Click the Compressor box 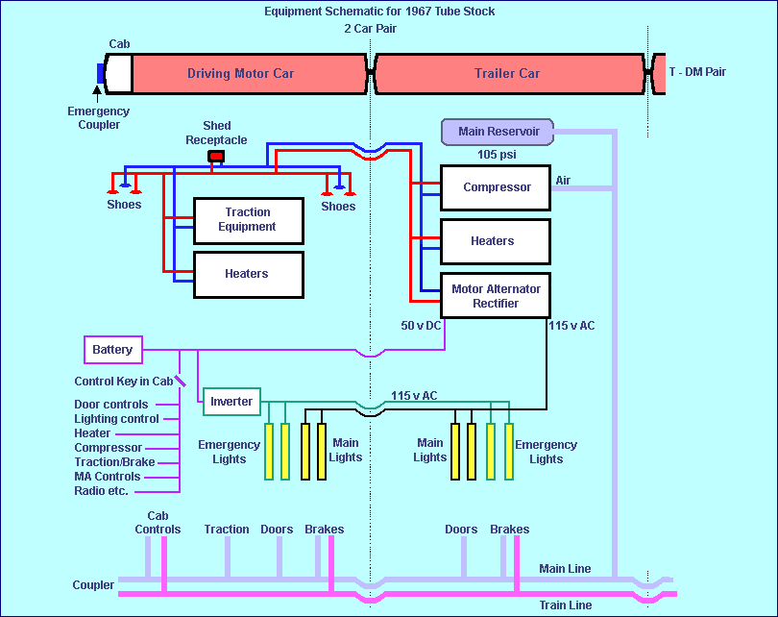[x=496, y=187]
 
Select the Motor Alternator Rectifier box [x=496, y=296]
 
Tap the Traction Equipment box [x=249, y=220]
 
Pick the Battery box [x=113, y=350]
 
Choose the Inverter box [x=231, y=402]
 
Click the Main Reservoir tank [x=498, y=132]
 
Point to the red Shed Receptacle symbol [x=217, y=156]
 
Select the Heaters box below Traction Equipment [x=249, y=274]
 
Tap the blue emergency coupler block [x=101, y=73]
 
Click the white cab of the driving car [x=118, y=73]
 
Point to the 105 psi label [x=498, y=154]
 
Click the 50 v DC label [x=422, y=326]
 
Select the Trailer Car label [x=507, y=74]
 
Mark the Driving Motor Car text [x=240, y=74]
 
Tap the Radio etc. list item [x=101, y=491]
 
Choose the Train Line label [x=565, y=605]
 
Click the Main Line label [x=565, y=569]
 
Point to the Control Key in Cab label [x=124, y=382]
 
